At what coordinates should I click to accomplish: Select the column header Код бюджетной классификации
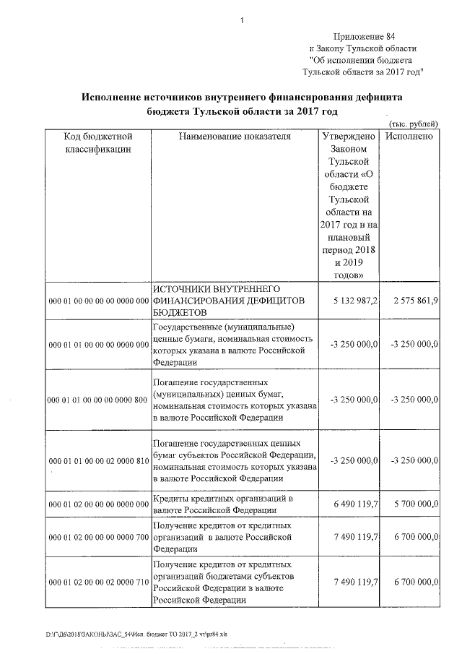tap(97, 142)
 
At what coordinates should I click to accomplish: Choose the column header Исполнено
tap(409, 136)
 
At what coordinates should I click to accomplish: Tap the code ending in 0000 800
tap(97, 399)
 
